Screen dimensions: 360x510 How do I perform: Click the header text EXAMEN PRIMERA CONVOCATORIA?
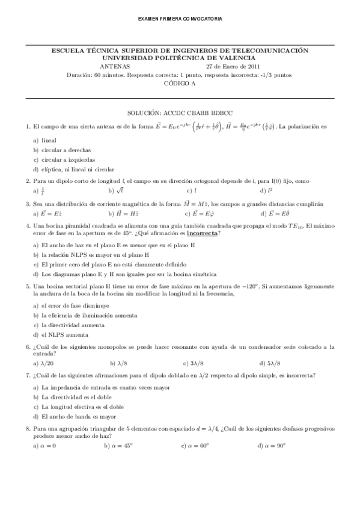180,19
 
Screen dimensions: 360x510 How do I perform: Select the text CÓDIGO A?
180,84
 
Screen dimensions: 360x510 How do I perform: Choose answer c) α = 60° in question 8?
195,446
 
